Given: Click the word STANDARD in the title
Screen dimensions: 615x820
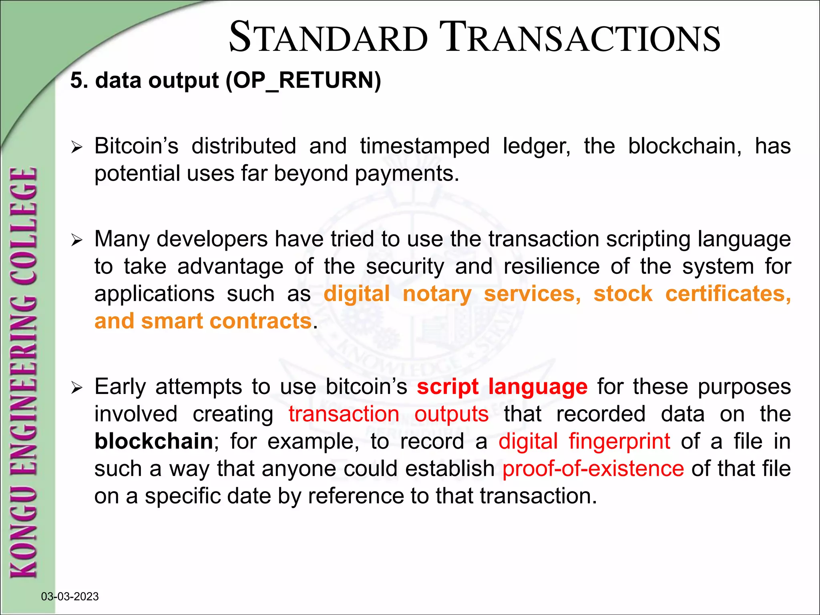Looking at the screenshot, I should pos(328,38).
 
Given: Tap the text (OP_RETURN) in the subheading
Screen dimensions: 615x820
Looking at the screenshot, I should pos(303,80).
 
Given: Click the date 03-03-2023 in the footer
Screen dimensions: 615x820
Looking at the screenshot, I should pos(70,597).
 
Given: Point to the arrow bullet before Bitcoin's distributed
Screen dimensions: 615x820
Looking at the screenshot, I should pos(76,147).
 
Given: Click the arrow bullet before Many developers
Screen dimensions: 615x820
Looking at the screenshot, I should pos(76,240).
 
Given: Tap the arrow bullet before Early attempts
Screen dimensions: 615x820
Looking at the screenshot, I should pos(76,388).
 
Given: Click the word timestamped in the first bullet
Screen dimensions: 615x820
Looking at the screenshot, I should pos(424,146).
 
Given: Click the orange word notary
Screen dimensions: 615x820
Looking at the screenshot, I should pos(437,294).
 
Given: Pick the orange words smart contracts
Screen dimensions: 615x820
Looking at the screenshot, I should pos(226,321).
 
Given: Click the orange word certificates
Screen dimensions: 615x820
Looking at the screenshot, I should pos(728,294).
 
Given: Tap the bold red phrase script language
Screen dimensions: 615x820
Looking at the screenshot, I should pos(502,387).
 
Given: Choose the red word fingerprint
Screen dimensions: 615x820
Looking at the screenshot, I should pos(619,441).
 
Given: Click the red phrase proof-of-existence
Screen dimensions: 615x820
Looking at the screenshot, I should pos(593,468).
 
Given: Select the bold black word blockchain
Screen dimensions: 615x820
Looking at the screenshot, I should pos(154,441).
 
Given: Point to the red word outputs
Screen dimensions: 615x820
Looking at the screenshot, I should pos(451,414).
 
